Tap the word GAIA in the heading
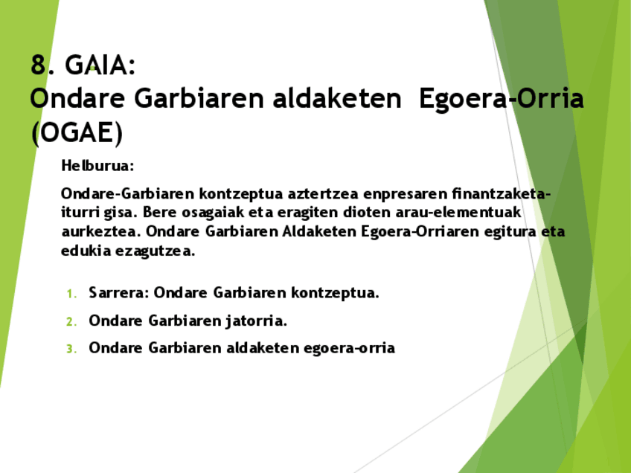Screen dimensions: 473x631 pyautogui.click(x=100, y=65)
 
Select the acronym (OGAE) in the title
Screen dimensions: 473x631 pyautogui.click(x=76, y=132)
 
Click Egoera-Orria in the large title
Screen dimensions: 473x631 pyautogui.click(x=501, y=98)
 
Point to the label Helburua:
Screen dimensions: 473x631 pyautogui.click(x=97, y=164)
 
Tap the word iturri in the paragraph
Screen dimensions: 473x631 pyautogui.click(x=79, y=212)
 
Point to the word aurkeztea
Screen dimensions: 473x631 pyautogui.click(x=100, y=231)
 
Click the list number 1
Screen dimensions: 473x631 pyautogui.click(x=71, y=294)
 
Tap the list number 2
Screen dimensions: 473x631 pyautogui.click(x=71, y=322)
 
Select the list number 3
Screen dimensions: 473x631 pyautogui.click(x=71, y=349)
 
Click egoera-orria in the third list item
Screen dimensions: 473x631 pyautogui.click(x=349, y=348)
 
